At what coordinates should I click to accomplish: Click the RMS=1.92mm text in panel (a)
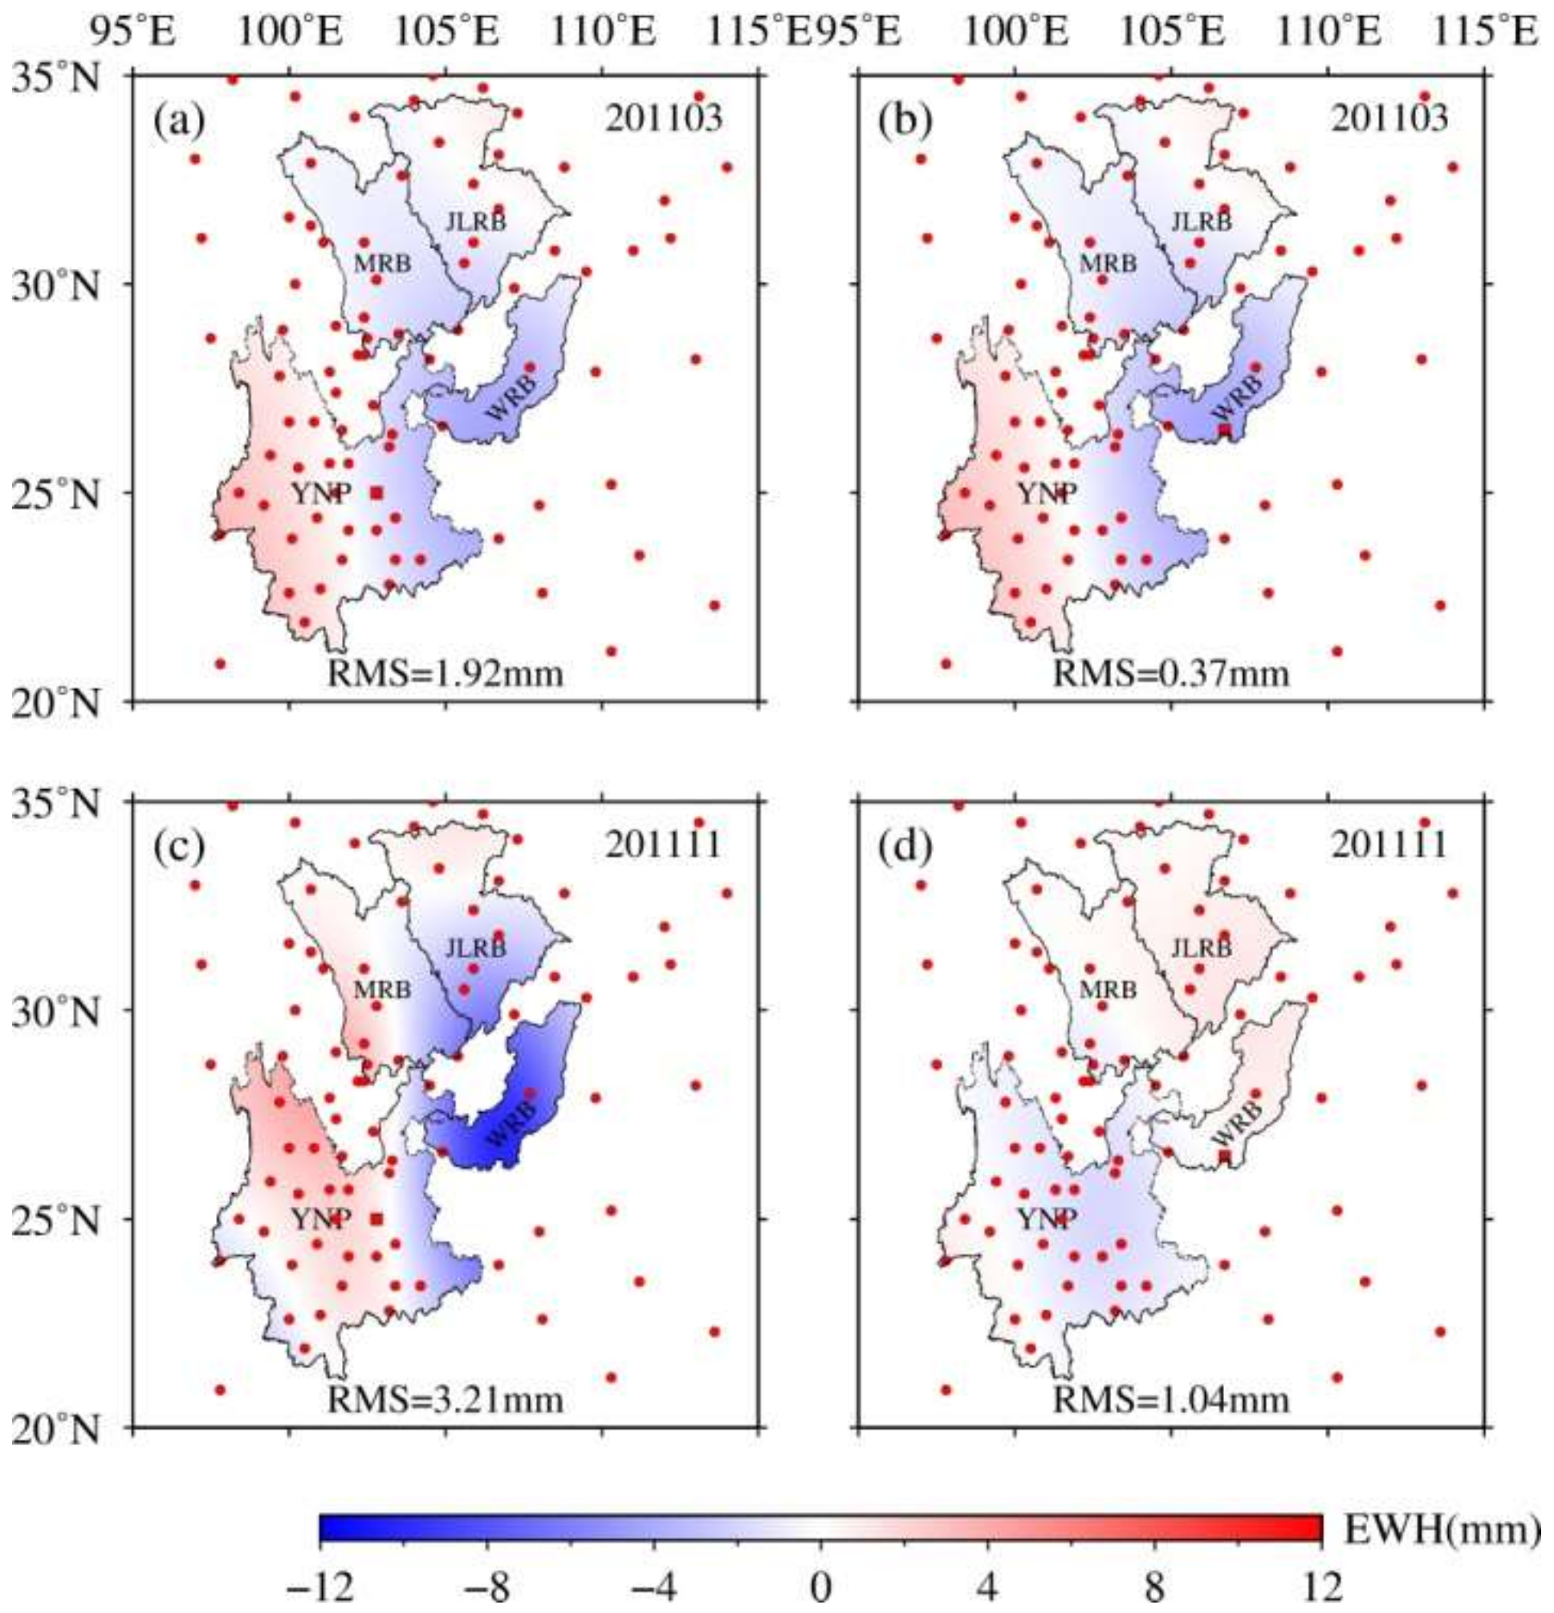coord(445,674)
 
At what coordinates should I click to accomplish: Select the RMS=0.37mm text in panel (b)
coord(1171,674)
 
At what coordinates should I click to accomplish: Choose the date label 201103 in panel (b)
coord(1389,120)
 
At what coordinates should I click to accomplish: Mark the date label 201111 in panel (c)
coord(663,845)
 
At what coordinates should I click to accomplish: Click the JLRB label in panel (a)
coord(475,222)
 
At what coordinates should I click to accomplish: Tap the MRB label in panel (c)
coord(382,990)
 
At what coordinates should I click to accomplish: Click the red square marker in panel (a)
coord(376,493)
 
